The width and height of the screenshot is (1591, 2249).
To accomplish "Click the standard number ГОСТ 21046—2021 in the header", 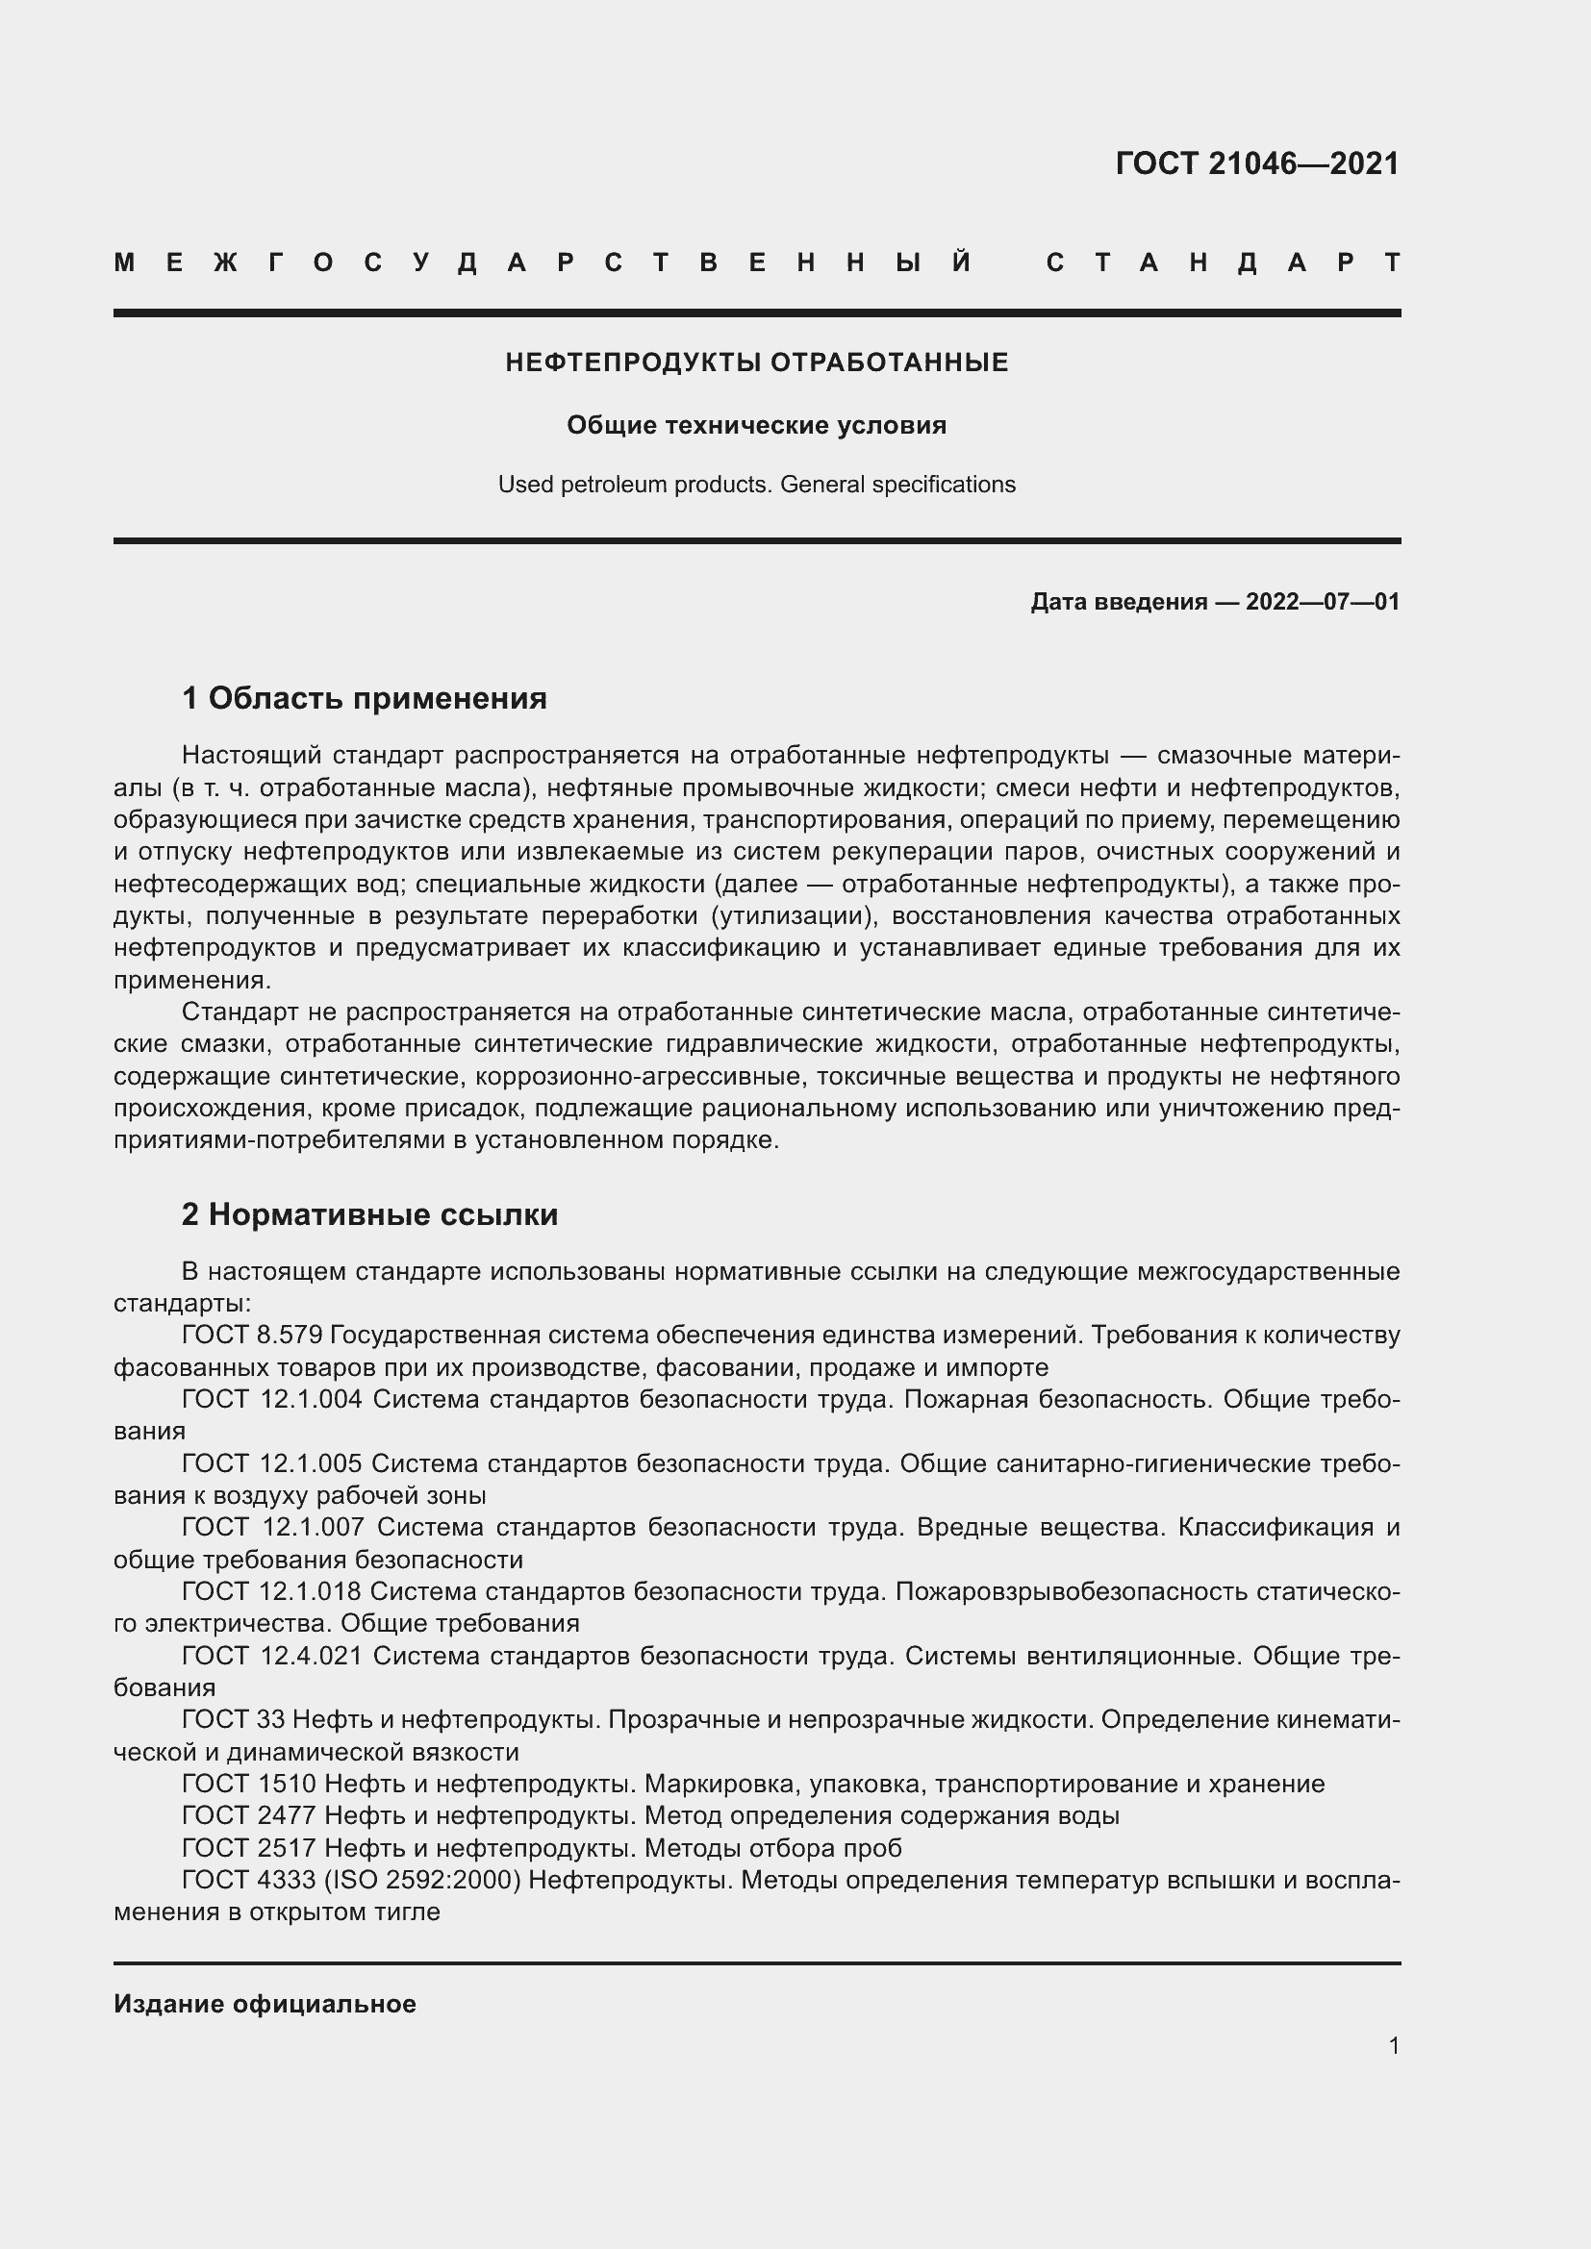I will pos(1257,163).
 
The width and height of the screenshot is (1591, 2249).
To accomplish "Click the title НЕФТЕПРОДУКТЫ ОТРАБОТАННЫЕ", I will pos(756,362).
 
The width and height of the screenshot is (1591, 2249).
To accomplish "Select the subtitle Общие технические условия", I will pos(756,425).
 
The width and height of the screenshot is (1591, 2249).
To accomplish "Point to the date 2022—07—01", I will pos(1323,601).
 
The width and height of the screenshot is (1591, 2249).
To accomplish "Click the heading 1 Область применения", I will pos(364,698).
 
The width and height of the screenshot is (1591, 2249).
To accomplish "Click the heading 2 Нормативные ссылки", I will pos(369,1214).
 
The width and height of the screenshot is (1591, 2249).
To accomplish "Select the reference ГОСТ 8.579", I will pos(252,1336).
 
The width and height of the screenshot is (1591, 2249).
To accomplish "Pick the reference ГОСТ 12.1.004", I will pos(271,1399).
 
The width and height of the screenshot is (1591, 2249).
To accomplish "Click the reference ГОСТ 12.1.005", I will pos(271,1463).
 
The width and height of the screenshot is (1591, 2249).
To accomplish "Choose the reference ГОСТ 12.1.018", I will pos(270,1591).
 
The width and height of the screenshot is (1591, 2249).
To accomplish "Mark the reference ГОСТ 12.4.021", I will pos(271,1656).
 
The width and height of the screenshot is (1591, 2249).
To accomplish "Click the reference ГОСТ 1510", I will pos(248,1784).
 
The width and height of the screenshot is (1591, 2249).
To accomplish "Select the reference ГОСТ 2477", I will pos(248,1815).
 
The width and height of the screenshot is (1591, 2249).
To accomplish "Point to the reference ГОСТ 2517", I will pos(248,1848).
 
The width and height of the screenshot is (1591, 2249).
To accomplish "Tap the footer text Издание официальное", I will pos(265,2004).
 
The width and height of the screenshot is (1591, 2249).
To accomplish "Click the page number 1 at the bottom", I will pos(1394,2045).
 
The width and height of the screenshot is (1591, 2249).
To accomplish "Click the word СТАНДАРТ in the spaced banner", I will pos(1224,262).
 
